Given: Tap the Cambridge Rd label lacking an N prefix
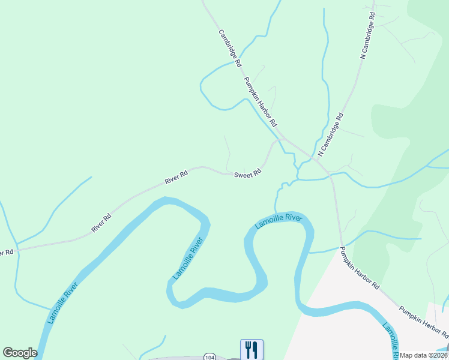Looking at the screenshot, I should click(x=230, y=48).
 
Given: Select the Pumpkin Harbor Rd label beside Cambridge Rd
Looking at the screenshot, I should click(x=260, y=101).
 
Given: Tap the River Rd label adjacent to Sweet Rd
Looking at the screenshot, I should click(x=176, y=176).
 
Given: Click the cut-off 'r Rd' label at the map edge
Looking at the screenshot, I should click(x=6, y=253).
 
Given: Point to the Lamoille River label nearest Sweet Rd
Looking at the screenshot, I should click(x=277, y=221).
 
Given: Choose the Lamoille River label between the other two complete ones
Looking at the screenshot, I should click(x=188, y=258).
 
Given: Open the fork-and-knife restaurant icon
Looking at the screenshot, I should click(x=252, y=349).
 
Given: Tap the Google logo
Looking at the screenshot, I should click(x=20, y=353).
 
